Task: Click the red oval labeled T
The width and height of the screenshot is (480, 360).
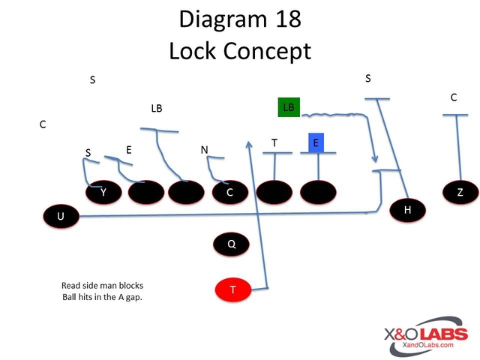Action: pos(232,289)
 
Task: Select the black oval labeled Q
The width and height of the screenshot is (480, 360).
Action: pos(232,243)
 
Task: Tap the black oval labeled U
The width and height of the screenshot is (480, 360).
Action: pos(61,217)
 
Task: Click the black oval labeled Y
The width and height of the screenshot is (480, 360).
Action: pos(103,193)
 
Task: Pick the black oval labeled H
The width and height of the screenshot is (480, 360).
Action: pos(408,210)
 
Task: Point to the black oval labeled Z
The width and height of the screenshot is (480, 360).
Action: pos(460,193)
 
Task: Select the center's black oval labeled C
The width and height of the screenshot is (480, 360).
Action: pos(229,193)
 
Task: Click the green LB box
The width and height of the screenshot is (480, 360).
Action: pos(289,107)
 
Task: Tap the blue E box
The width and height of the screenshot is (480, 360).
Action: pos(316,142)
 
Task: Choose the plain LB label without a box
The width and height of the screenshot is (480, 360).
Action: pos(156,109)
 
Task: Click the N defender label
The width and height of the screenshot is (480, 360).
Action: pos(204,150)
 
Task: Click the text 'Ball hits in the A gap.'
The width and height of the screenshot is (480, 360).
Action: pos(102,298)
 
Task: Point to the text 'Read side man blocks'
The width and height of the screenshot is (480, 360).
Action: pos(102,286)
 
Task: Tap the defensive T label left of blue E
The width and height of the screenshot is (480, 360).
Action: pos(274,142)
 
